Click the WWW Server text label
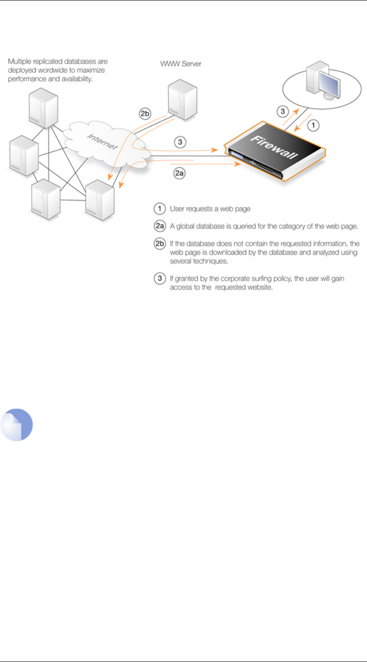point(181,64)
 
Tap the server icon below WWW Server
point(183,100)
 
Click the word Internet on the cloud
point(102,141)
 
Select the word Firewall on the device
point(274,147)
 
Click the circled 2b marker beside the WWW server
point(145,113)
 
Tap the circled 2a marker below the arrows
point(179,173)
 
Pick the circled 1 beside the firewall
point(313,125)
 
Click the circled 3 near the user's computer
point(282,111)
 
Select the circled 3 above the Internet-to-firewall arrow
point(180,142)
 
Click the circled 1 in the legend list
point(160,209)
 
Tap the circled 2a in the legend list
point(160,226)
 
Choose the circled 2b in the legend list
point(160,243)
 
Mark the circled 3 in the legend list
point(160,278)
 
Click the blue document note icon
point(16,424)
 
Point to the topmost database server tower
point(43,108)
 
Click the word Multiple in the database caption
point(20,61)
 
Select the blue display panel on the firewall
point(236,155)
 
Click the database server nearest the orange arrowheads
point(100,200)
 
